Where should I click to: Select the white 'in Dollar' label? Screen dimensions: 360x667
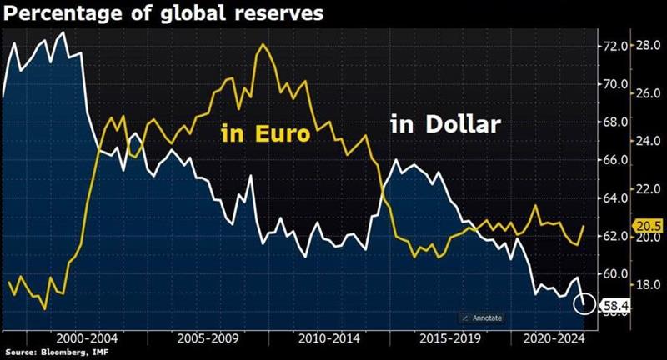pyautogui.click(x=445, y=126)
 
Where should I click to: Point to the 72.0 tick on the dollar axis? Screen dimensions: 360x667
pyautogui.click(x=614, y=46)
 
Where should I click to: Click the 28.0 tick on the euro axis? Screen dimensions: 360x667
pyautogui.click(x=648, y=46)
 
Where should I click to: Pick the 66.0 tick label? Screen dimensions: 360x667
pyautogui.click(x=614, y=160)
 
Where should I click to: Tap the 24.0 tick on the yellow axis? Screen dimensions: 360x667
pyautogui.click(x=648, y=141)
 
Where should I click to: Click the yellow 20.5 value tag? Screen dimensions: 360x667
pyautogui.click(x=648, y=226)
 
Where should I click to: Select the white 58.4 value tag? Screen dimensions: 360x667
pyautogui.click(x=613, y=306)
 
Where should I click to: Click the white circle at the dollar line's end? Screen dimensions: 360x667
pyautogui.click(x=584, y=304)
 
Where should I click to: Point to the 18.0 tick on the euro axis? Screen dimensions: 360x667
pyautogui.click(x=648, y=284)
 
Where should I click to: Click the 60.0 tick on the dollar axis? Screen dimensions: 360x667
pyautogui.click(x=614, y=274)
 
